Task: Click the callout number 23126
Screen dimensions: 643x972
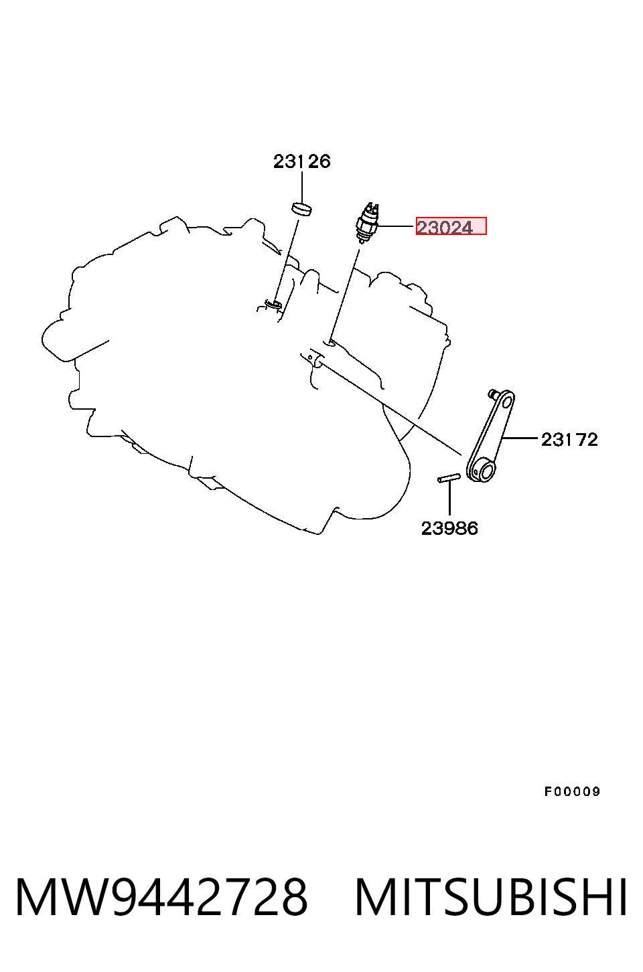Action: click(302, 161)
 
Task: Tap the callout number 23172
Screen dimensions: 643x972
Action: click(569, 440)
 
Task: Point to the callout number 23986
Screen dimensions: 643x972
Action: click(449, 529)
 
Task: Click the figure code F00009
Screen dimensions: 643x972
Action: click(572, 791)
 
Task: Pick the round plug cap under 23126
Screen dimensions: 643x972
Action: click(302, 208)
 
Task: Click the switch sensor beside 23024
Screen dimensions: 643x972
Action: click(367, 223)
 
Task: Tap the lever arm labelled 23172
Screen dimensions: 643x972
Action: click(490, 436)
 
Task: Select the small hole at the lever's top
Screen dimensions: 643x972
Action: click(506, 402)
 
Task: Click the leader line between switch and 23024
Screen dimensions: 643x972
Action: click(397, 226)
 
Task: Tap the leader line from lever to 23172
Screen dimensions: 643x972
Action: click(520, 438)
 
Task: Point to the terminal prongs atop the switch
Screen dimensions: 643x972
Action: click(372, 206)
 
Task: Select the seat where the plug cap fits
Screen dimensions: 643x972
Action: click(273, 303)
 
